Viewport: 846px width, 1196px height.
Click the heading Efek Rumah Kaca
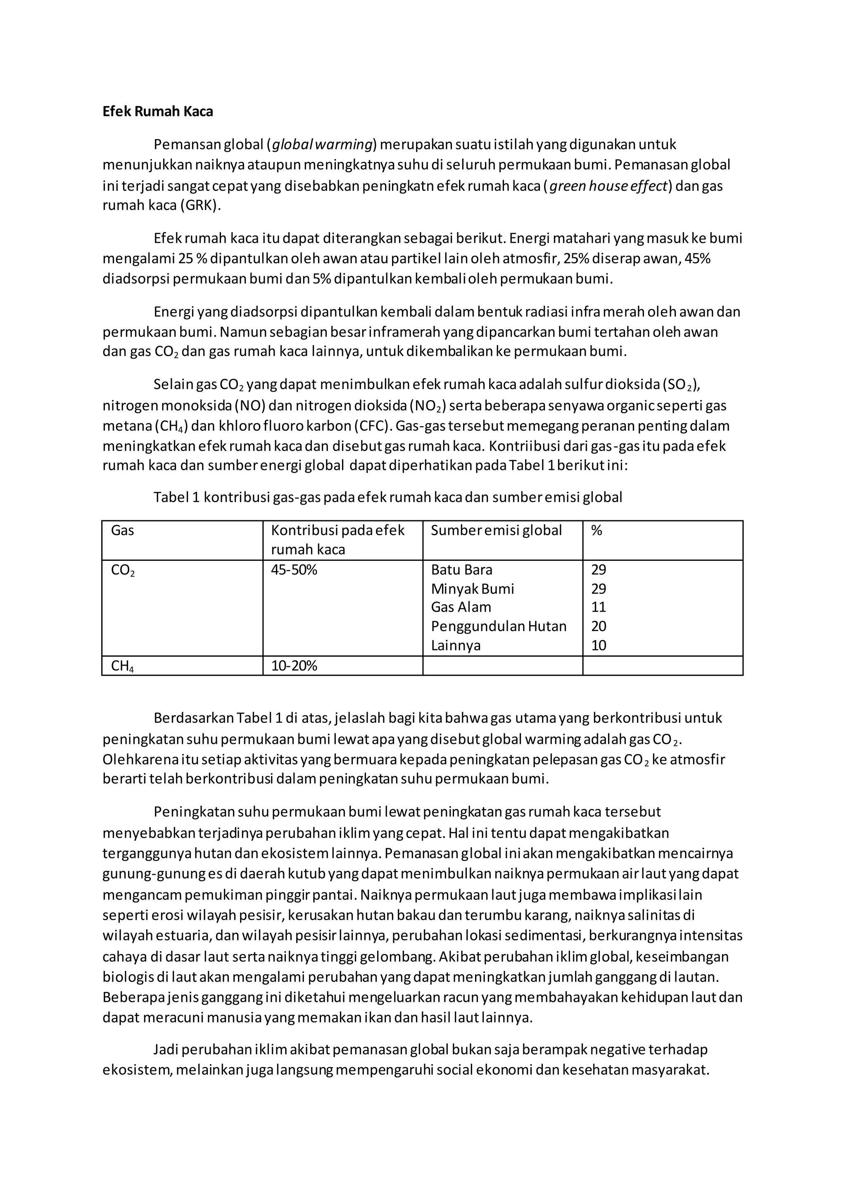point(157,112)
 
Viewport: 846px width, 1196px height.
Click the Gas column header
point(122,530)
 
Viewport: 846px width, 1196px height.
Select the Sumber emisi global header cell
point(496,530)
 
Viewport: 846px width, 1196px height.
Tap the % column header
point(596,530)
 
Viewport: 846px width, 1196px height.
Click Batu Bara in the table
point(461,570)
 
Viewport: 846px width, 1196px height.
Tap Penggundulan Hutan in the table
point(499,626)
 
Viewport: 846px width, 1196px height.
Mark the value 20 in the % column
point(599,626)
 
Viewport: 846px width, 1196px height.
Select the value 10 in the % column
point(599,645)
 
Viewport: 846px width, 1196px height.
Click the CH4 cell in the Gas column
point(122,666)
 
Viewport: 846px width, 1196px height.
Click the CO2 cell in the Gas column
point(123,570)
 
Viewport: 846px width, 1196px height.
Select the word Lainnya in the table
point(456,645)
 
